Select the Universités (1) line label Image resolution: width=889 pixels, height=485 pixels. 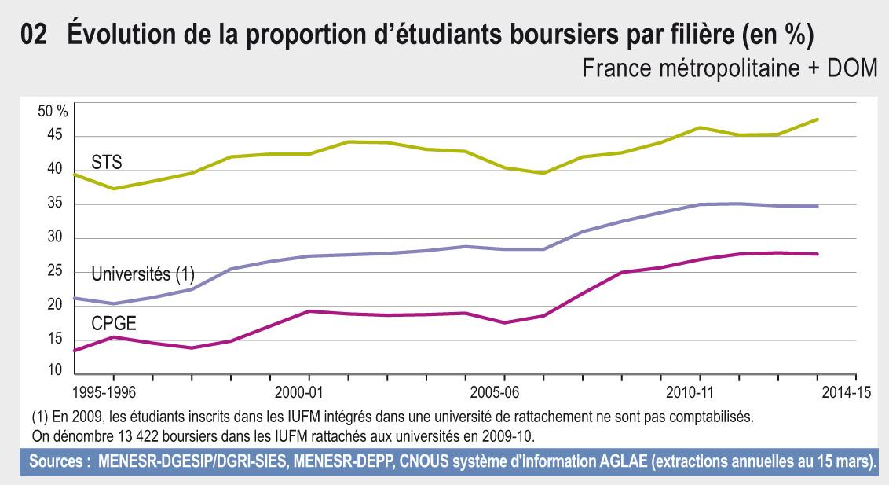(143, 274)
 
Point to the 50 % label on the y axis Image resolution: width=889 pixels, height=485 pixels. (53, 112)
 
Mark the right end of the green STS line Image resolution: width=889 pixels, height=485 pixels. (818, 119)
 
